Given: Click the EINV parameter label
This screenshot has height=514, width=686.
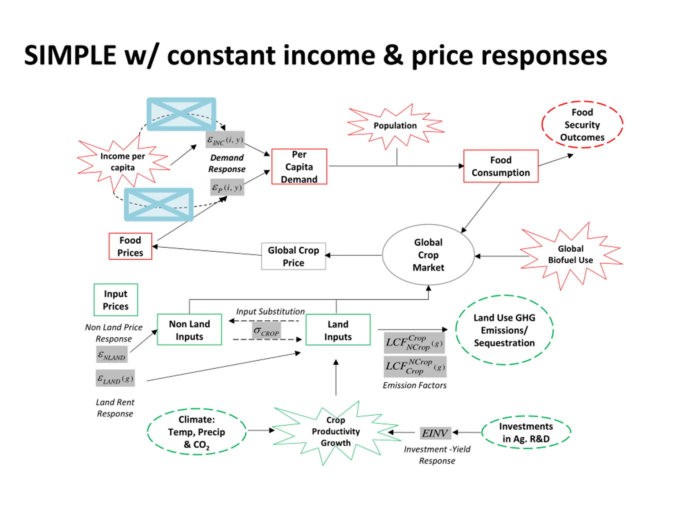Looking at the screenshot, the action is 435,433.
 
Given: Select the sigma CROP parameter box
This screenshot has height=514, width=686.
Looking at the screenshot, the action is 266,331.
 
